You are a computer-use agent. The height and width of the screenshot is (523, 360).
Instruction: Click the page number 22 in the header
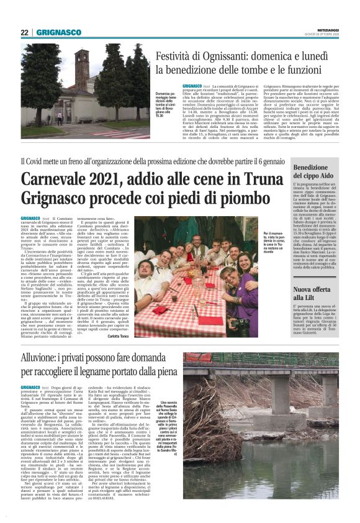point(25,33)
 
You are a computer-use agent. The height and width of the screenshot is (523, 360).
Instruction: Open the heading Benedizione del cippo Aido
point(315,172)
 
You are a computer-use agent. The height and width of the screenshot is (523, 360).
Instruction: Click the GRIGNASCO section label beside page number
point(58,33)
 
